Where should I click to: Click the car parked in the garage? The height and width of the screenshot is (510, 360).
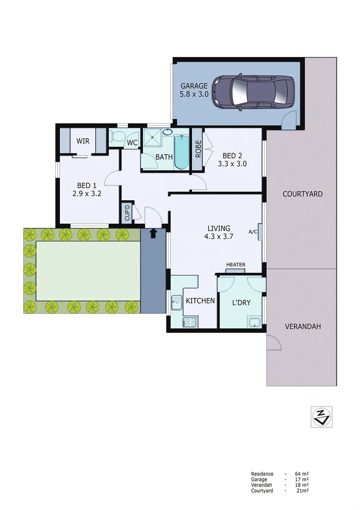click(x=252, y=92)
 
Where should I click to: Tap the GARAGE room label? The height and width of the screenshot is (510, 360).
click(x=193, y=86)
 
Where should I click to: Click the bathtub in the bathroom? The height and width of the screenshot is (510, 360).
click(x=181, y=152)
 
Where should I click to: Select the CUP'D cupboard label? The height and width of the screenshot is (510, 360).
click(x=127, y=212)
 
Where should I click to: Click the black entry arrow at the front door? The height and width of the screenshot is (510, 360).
click(x=153, y=233)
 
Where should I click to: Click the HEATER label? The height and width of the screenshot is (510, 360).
click(x=235, y=265)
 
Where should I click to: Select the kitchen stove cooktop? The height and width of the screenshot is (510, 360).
click(x=190, y=323)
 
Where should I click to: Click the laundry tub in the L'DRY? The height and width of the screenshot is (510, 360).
click(x=255, y=323)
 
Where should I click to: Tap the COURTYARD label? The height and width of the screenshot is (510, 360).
click(x=302, y=194)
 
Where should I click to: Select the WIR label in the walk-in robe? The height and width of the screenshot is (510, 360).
click(x=83, y=141)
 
